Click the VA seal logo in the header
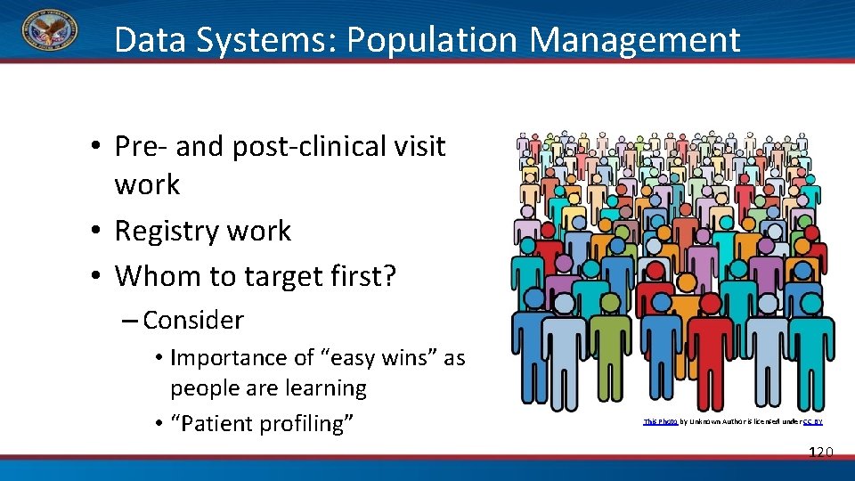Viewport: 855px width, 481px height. pos(49,33)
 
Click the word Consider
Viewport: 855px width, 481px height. pos(193,319)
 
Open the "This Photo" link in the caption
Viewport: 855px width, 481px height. pos(660,421)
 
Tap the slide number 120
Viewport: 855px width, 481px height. pos(819,452)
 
